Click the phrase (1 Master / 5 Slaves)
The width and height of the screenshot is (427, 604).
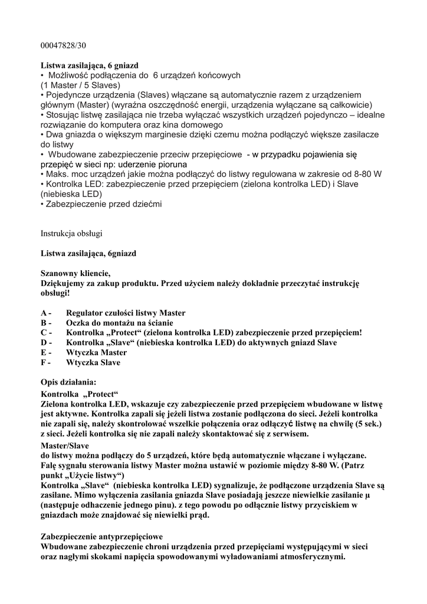81,85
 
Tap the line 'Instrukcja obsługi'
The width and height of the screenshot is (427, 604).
71,233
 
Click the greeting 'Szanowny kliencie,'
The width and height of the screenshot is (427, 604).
75,273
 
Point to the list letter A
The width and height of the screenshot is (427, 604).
44,313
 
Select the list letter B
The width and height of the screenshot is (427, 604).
44,323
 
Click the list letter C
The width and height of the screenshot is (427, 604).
44,333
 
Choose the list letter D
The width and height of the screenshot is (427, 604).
44,343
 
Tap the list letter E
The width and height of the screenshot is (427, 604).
44,353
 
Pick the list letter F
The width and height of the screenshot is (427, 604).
44,363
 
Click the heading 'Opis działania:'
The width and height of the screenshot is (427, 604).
68,382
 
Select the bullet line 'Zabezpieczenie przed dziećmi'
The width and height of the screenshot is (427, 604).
101,205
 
